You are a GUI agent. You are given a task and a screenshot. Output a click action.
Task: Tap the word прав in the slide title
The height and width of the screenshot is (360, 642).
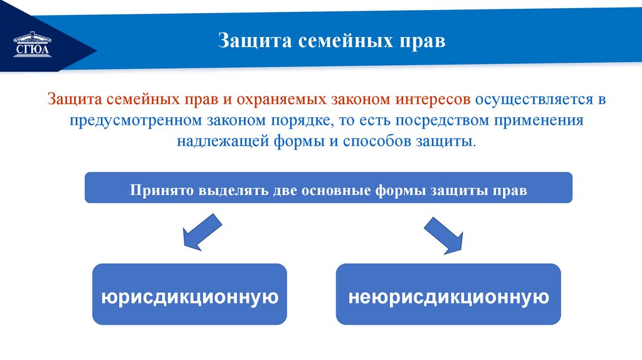point(421,41)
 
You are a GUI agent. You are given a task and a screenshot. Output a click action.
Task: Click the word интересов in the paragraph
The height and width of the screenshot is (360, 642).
point(433,99)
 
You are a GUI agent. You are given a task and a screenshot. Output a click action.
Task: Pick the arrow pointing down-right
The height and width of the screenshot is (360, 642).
point(444,235)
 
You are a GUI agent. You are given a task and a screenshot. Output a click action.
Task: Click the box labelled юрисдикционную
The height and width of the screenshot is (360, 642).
point(189,295)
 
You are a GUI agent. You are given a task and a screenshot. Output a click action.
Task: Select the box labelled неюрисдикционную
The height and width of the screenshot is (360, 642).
point(448,295)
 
